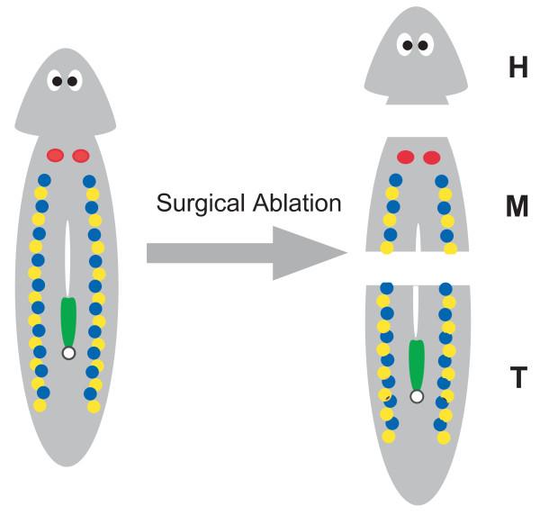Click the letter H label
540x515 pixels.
pyautogui.click(x=517, y=68)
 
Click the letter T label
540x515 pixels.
pyautogui.click(x=517, y=378)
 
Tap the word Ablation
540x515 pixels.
pyautogui.click(x=296, y=203)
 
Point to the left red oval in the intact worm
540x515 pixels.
pyautogui.click(x=55, y=155)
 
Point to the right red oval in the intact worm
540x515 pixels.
pyautogui.click(x=81, y=155)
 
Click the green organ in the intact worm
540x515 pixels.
pyautogui.click(x=68, y=320)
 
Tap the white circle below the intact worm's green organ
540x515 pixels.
pyautogui.click(x=68, y=353)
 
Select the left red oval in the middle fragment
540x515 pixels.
pyautogui.click(x=406, y=158)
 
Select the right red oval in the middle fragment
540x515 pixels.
pyautogui.click(x=432, y=158)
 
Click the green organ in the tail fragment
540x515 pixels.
pyautogui.click(x=416, y=362)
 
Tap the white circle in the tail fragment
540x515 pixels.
pyautogui.click(x=416, y=396)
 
